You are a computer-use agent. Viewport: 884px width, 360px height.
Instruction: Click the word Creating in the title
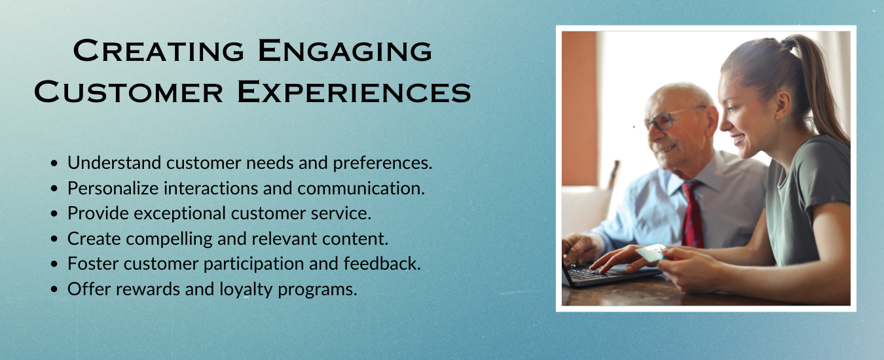pyautogui.click(x=158, y=50)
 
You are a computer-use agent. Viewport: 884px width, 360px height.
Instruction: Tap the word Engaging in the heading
pyautogui.click(x=345, y=50)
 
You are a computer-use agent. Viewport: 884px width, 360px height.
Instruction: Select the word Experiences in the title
pyautogui.click(x=354, y=92)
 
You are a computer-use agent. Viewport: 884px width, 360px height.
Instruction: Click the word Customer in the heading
pyautogui.click(x=128, y=92)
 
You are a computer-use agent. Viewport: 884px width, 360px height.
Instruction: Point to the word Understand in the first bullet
pyautogui.click(x=115, y=162)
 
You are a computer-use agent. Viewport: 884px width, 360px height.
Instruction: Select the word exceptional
pyautogui.click(x=180, y=214)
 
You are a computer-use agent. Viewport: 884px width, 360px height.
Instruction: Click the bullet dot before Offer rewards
pyautogui.click(x=54, y=289)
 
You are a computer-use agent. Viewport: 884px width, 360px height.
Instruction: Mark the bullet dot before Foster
pyautogui.click(x=54, y=264)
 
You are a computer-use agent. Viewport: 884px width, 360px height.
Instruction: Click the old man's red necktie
pyautogui.click(x=692, y=215)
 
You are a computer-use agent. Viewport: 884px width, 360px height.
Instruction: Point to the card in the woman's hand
pyautogui.click(x=651, y=253)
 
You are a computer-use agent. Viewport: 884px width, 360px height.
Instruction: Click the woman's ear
pyautogui.click(x=783, y=105)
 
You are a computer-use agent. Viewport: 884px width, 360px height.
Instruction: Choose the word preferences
pyautogui.click(x=382, y=163)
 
